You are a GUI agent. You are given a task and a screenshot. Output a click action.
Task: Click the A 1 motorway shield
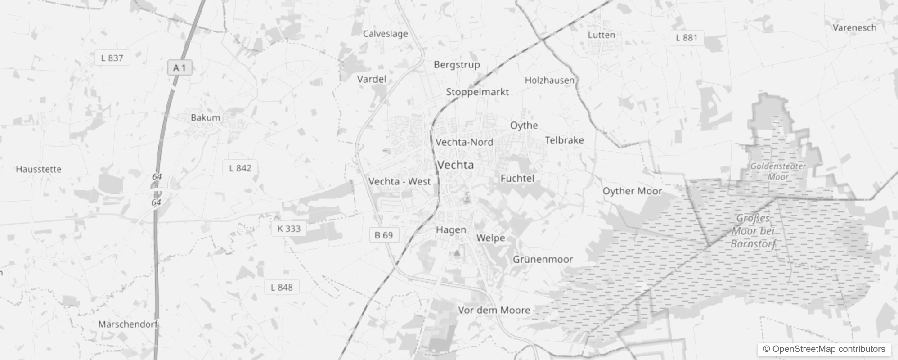pos(180,67)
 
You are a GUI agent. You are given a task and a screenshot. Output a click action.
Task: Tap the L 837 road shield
pos(112,58)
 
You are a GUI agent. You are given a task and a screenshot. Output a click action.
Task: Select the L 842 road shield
pos(240,168)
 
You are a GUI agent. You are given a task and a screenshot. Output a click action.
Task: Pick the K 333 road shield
pos(288,229)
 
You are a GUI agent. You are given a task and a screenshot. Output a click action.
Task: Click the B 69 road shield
pos(384,235)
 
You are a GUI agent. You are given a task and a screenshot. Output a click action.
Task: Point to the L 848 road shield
pos(282,287)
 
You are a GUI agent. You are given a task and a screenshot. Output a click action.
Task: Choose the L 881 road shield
pos(686,38)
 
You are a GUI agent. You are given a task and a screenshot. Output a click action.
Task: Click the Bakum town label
pos(205,117)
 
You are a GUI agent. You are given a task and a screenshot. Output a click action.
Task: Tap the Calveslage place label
pos(385,34)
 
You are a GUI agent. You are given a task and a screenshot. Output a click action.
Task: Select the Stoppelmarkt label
pos(477,92)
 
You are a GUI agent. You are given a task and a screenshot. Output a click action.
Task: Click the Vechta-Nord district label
pos(464,142)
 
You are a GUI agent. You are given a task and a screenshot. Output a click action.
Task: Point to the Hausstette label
pos(39,169)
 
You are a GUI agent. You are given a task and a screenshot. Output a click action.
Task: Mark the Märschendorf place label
pos(128,324)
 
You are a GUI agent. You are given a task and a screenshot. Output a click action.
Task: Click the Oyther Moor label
pos(632,191)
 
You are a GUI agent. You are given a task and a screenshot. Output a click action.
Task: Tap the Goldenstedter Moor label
pos(778,171)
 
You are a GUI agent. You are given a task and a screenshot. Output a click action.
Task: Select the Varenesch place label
pos(854,27)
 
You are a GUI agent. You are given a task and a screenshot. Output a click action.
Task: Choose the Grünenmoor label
pos(543,259)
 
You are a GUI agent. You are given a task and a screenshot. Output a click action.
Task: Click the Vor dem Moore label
pos(494,310)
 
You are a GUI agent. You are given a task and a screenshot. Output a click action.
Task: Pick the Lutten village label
pos(601,35)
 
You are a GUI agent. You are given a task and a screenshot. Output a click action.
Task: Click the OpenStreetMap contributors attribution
pos(824,349)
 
